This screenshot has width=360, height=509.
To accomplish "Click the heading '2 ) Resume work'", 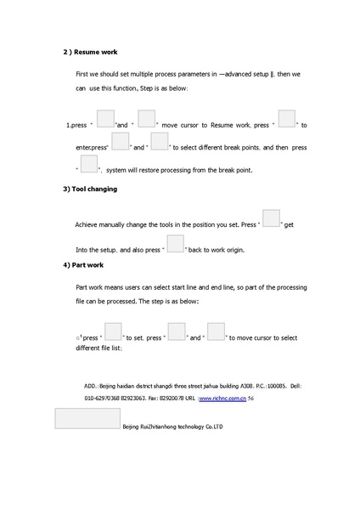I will [x=96, y=52].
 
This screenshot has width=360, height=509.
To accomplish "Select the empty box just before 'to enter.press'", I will [x=286, y=120].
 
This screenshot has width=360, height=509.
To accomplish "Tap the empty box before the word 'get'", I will [x=271, y=218].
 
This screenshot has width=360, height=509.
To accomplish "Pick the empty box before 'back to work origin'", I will [x=175, y=244].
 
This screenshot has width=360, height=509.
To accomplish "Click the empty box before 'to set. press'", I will [x=115, y=331].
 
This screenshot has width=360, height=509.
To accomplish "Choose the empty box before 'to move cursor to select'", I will [x=216, y=331].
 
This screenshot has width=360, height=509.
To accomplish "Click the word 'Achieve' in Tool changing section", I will [x=89, y=225].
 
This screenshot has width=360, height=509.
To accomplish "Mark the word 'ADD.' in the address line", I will [x=91, y=386].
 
